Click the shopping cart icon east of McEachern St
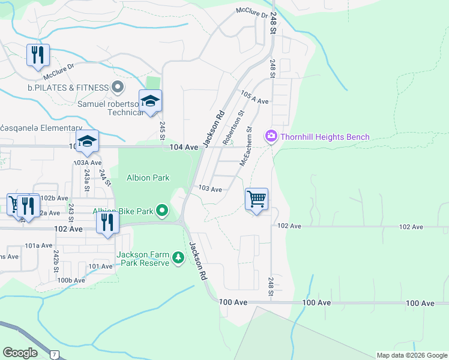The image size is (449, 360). click(256, 199)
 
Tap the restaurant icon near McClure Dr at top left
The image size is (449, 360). click(38, 55)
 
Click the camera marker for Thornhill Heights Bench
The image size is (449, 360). click(271, 137)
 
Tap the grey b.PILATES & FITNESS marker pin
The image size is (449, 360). click(118, 88)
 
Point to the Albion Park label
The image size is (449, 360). click(148, 178)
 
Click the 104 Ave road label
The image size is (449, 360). click(184, 147)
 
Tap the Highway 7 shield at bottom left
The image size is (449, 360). click(55, 355)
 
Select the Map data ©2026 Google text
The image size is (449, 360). click(411, 355)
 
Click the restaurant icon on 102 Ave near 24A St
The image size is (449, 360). click(107, 223)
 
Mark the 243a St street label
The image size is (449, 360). click(87, 181)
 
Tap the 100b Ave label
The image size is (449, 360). click(71, 280)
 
